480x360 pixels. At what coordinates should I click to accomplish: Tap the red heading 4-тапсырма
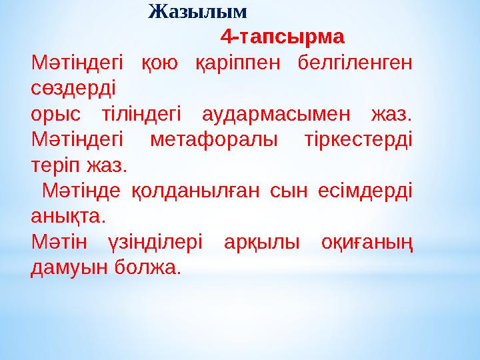pyautogui.click(x=282, y=35)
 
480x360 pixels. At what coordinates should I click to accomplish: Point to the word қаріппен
pyautogui.click(x=237, y=64)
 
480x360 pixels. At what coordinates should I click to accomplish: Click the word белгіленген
pyautogui.click(x=355, y=63)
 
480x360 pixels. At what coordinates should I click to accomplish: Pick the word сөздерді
pyautogui.click(x=73, y=88)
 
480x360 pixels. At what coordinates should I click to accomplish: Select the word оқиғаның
pyautogui.click(x=367, y=243)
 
